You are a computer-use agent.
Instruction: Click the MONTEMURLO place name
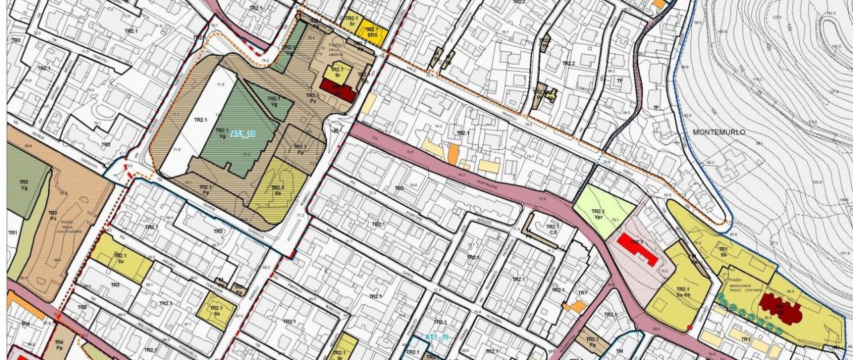click(x=718, y=133)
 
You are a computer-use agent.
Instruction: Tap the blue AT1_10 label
click(x=243, y=134)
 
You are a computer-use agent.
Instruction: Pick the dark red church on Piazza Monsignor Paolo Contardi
click(x=778, y=307)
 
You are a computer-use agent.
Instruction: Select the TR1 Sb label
click(x=722, y=252)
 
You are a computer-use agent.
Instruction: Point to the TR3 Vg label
click(x=24, y=185)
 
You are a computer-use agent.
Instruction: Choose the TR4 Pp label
click(x=59, y=345)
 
